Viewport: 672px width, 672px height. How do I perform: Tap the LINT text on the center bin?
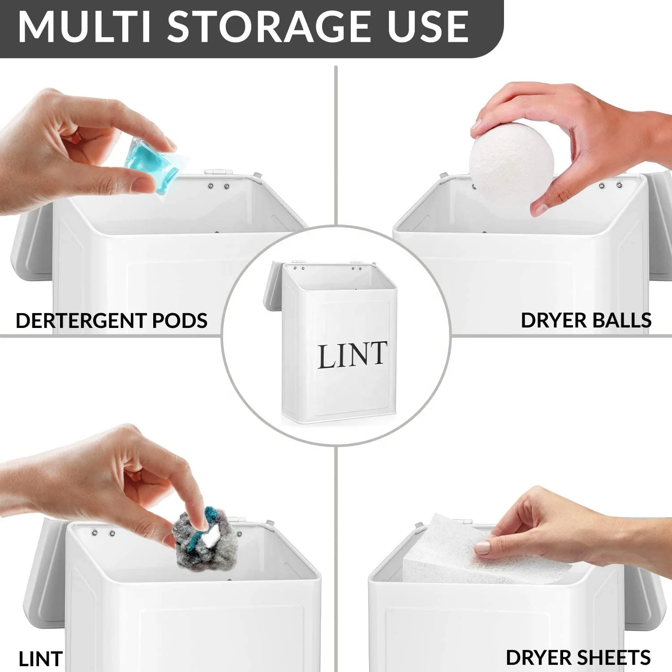coord(352,355)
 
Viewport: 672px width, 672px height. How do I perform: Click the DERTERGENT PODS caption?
coord(112,321)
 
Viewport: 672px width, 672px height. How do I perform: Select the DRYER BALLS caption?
coord(586,321)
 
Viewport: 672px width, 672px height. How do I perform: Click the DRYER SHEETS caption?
coord(578,658)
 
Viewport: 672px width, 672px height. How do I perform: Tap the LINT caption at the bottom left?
coord(40,659)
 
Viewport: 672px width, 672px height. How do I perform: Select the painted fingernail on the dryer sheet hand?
coord(482,548)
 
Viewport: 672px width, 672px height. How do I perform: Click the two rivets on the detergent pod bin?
coord(218,185)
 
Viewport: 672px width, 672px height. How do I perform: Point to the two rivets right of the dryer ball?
coord(610,185)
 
